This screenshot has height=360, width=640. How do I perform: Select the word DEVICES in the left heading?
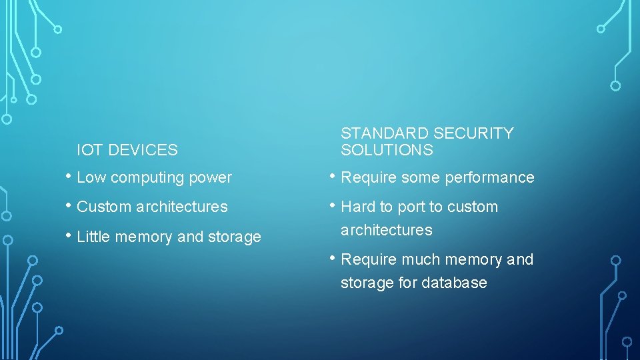[143, 150]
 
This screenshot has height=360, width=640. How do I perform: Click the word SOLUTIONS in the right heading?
[387, 150]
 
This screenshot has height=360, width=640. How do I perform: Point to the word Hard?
[358, 207]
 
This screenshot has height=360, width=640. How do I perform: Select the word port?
[411, 207]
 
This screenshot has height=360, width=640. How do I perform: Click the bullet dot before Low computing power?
[69, 177]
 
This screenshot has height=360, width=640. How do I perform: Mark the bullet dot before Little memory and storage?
[69, 236]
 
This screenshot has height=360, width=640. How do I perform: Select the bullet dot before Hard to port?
[333, 206]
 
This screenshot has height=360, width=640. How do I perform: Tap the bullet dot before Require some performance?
[333, 177]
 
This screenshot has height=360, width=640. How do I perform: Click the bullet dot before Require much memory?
[333, 259]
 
